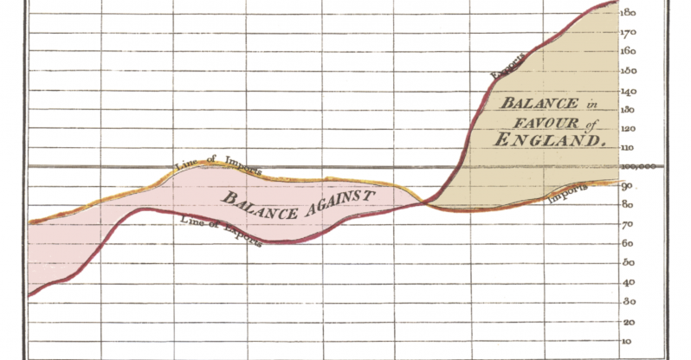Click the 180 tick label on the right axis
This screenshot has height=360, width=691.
click(630, 13)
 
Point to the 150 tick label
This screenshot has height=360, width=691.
click(630, 71)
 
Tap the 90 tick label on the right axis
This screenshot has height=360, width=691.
click(628, 186)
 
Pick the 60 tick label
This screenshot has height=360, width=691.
click(628, 244)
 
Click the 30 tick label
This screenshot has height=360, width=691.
click(628, 301)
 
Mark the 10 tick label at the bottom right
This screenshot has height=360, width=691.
click(628, 340)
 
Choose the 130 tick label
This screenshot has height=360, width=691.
click(630, 109)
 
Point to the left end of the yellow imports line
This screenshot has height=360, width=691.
click(29, 223)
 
